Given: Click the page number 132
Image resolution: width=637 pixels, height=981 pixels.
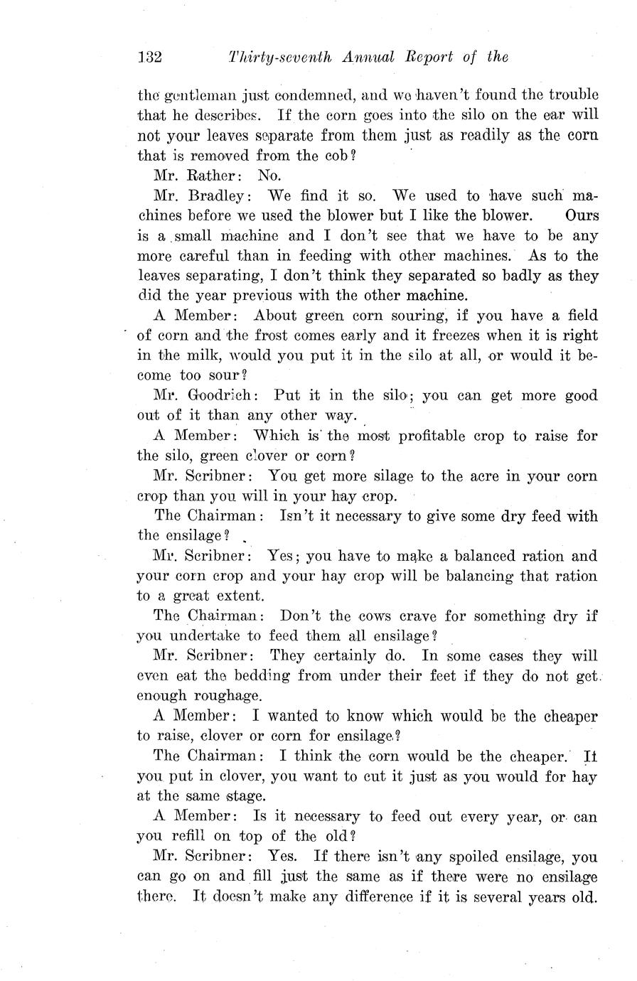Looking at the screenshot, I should tap(150, 57).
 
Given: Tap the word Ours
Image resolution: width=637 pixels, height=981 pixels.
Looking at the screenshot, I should tap(582, 215).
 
